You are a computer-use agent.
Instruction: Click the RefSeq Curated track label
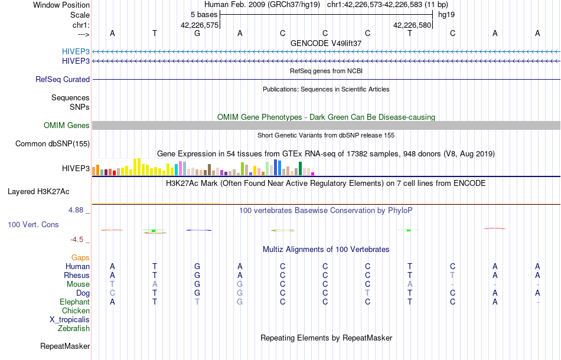(63, 79)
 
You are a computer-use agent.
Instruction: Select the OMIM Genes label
(67, 125)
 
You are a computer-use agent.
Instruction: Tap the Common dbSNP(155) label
(53, 143)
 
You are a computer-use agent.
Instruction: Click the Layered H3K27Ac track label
(38, 191)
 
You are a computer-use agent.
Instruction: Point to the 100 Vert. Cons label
(33, 225)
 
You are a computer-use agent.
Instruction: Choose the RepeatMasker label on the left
(65, 346)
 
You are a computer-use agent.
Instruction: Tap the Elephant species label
(74, 302)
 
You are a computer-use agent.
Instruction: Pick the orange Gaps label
(80, 257)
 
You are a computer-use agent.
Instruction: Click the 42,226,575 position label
(200, 25)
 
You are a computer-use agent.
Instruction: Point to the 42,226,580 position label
(412, 25)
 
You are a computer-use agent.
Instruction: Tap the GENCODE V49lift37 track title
(326, 43)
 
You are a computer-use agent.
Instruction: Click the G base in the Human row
(197, 266)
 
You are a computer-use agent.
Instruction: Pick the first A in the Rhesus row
(112, 275)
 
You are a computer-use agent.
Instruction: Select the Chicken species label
(76, 310)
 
